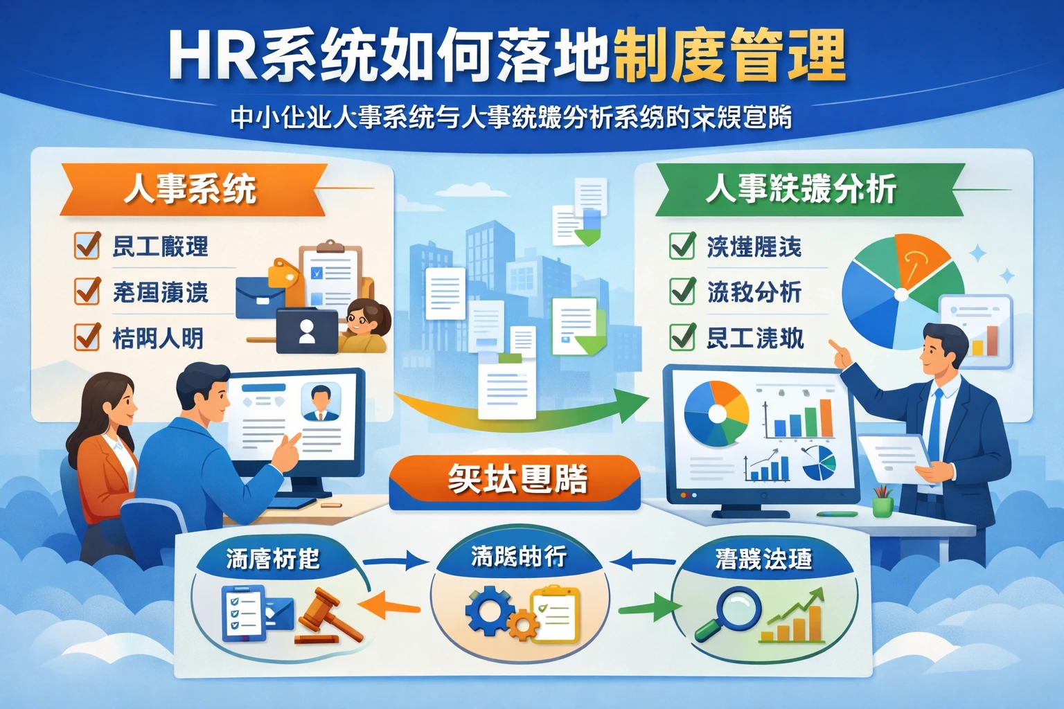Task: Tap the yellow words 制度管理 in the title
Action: pos(729,55)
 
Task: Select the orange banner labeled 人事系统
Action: pos(190,189)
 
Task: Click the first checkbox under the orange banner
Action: pos(87,245)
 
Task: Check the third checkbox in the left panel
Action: pos(87,337)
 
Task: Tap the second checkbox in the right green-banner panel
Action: pos(682,291)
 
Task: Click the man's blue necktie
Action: pos(934,422)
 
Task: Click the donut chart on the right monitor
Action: pos(716,413)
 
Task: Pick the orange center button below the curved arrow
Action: pos(515,481)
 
